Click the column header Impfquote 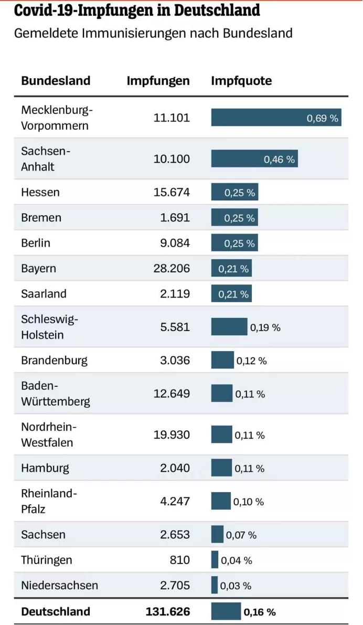pos(241,81)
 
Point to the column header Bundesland pos(56,81)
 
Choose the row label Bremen pos(41,218)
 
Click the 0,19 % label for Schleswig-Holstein pos(265,327)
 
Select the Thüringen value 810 pos(180,560)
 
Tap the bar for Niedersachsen pos(215,585)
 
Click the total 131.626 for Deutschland pos(168,611)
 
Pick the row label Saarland pos(44,294)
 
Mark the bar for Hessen pos(234,193)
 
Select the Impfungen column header pos(158,81)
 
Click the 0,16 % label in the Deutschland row pos(260,612)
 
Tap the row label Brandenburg pos(54,361)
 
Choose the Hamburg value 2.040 pos(175,468)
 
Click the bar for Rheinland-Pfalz pos(221,502)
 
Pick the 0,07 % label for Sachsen pos(241,535)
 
